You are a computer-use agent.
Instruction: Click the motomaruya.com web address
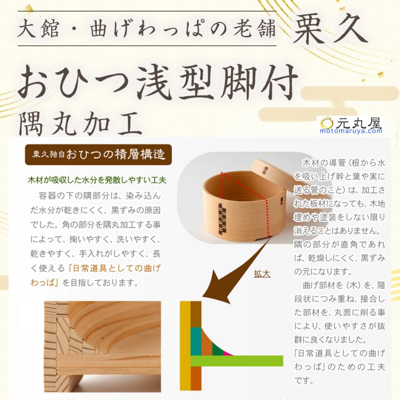point(351,131)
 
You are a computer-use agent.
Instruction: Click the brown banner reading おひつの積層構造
point(98,155)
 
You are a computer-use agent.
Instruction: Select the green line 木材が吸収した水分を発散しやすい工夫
point(97,180)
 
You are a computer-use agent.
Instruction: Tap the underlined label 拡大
point(262,274)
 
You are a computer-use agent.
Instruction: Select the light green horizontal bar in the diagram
point(237,360)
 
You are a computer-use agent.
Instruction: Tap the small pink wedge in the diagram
point(228,353)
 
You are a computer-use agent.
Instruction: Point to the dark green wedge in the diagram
point(217,350)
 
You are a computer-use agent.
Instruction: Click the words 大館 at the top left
point(36,30)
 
